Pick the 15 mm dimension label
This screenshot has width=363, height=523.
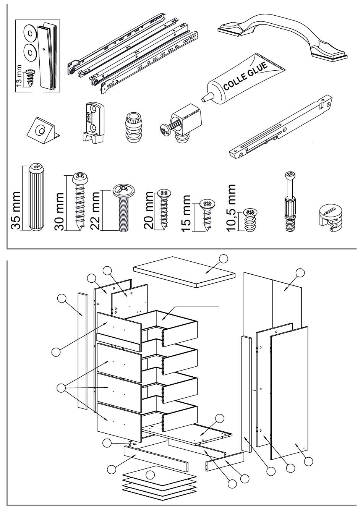(186, 214)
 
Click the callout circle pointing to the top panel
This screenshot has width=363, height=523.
(223, 259)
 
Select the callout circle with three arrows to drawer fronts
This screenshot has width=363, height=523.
(61, 389)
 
